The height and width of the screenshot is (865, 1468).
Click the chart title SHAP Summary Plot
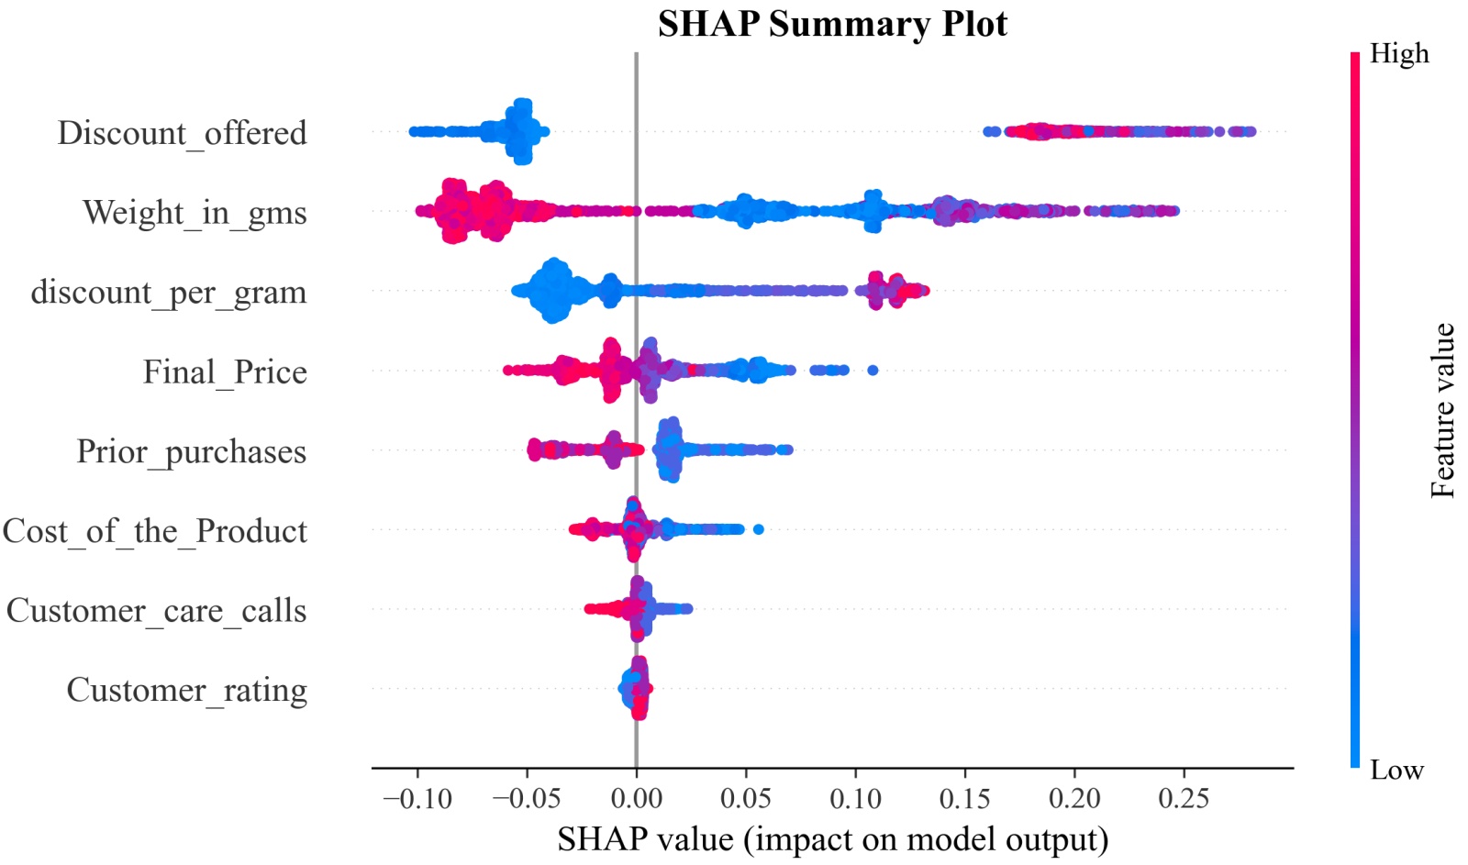coord(832,24)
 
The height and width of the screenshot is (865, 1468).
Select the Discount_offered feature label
coord(182,133)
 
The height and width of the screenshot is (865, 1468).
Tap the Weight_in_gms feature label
coord(195,213)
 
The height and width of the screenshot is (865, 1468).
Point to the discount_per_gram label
coord(169,293)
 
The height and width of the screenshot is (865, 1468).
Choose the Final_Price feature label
coord(225,372)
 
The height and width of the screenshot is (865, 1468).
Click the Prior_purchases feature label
coord(191,451)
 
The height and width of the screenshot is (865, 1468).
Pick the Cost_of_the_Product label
coord(154,531)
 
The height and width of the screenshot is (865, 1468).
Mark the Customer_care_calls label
coord(156,611)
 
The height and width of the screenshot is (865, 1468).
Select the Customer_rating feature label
coord(186,690)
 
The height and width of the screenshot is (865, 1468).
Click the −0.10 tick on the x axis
coord(417,799)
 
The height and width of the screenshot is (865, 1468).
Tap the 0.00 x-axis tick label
coord(636,799)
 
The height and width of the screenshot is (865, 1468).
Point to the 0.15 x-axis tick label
coord(964,799)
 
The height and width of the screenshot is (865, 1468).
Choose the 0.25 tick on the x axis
coord(1184,799)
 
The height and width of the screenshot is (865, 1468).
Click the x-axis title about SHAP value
coord(832,839)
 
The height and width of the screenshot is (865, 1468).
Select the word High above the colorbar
coord(1399,54)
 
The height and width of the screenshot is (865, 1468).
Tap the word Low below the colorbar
coord(1396,770)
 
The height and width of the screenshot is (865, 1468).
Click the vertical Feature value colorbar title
coord(1442,410)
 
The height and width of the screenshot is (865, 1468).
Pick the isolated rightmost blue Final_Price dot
coord(873,371)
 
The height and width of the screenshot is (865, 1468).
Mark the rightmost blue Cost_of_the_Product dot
coord(758,529)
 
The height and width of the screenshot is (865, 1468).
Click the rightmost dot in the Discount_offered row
coord(1251,132)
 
